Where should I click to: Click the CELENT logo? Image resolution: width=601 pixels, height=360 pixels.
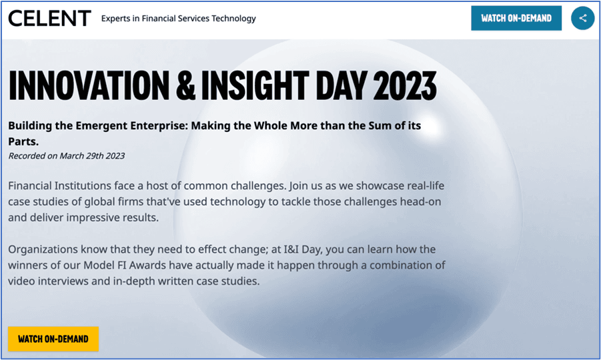coord(49,19)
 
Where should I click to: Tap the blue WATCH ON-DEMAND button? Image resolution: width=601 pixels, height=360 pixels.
coord(516,18)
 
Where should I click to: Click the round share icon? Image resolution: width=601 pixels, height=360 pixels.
coord(582,18)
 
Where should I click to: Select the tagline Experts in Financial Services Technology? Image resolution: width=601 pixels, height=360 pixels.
coord(178,19)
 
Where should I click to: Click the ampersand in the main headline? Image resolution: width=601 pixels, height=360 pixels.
coord(186,85)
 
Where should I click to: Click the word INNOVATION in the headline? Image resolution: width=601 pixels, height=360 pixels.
coord(89,85)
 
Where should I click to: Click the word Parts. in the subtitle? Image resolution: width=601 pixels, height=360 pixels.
coord(23,141)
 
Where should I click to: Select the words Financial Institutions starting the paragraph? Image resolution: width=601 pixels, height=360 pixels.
coord(60,186)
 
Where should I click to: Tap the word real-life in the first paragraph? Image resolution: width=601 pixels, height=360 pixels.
coord(426,186)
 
